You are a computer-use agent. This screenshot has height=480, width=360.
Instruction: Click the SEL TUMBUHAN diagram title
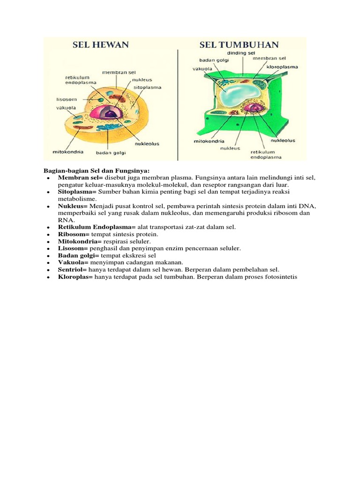click(239, 45)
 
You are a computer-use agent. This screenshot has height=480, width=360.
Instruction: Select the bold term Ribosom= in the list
click(74, 234)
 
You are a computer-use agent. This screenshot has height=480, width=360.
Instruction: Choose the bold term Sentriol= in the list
click(73, 270)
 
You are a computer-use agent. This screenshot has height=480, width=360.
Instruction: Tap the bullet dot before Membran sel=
click(49, 179)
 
